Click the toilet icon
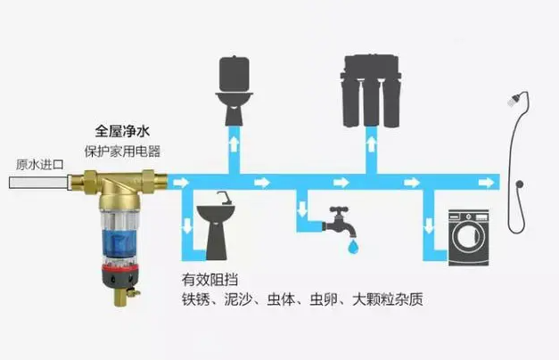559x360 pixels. pos(234,94)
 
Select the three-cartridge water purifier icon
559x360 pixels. pos(368,89)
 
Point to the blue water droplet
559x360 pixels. pos(355,243)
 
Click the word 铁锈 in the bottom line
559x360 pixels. pos(196,298)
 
